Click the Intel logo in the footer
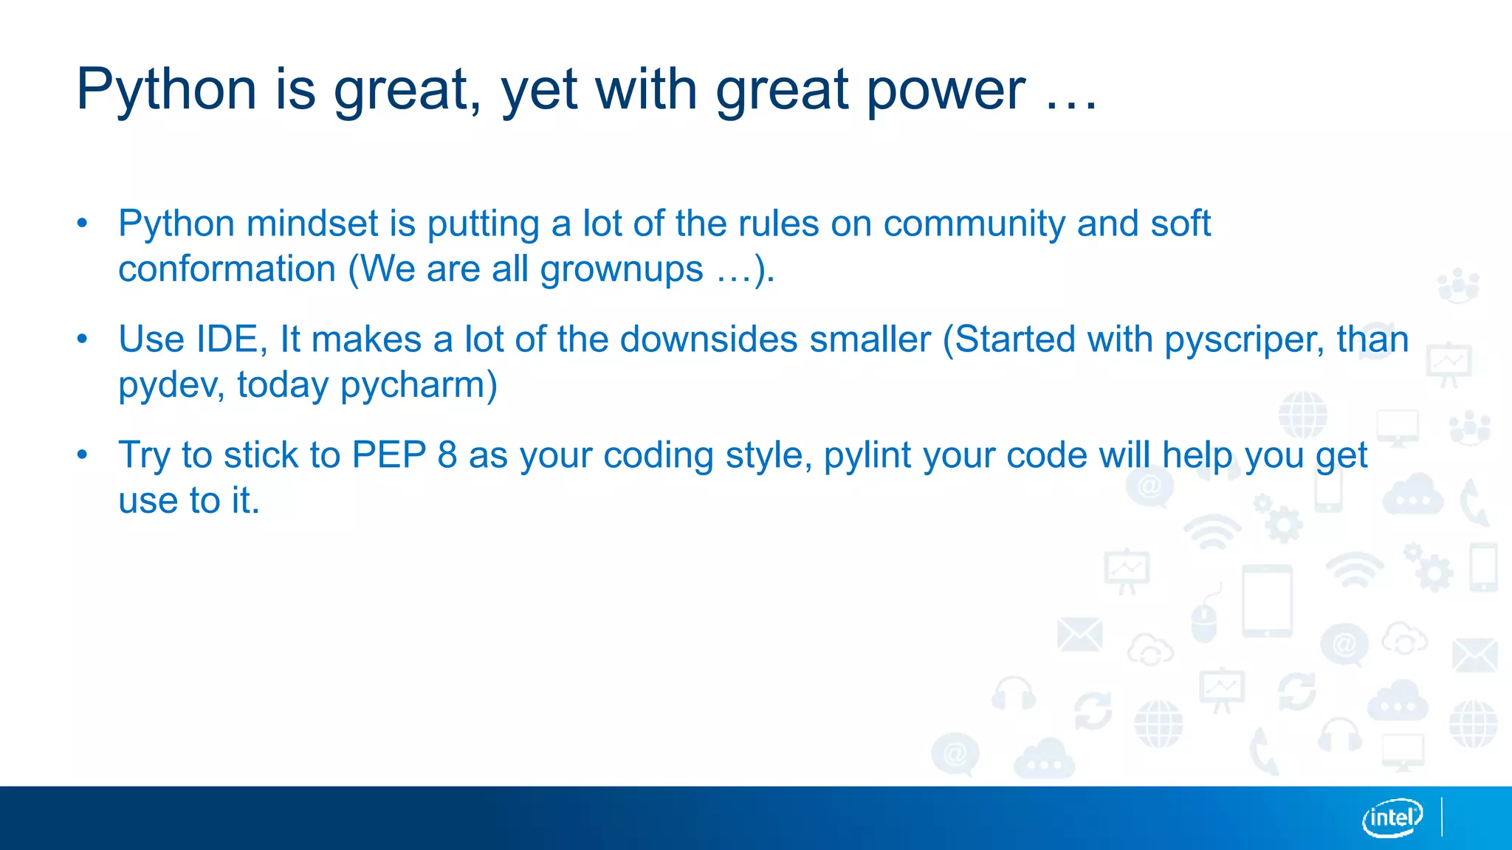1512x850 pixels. click(1392, 818)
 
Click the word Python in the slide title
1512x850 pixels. click(166, 90)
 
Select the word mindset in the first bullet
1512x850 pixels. click(312, 224)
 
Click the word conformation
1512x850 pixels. click(227, 269)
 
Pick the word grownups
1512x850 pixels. click(622, 269)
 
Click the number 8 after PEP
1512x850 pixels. click(447, 455)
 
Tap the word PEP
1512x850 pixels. click(389, 455)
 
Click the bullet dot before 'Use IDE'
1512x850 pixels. click(82, 339)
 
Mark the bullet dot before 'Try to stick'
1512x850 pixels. click(82, 455)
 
